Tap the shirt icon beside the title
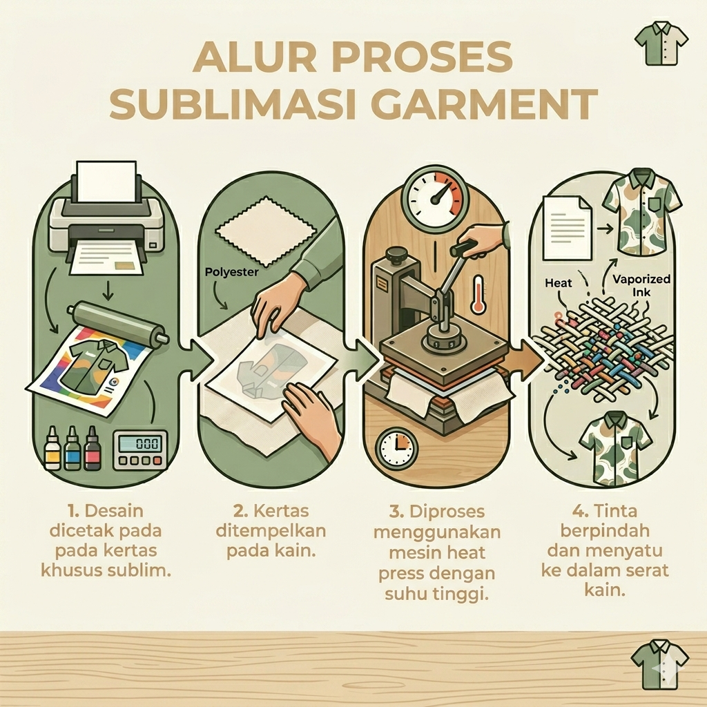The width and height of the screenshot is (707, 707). [661, 43]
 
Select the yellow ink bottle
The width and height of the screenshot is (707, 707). [52, 448]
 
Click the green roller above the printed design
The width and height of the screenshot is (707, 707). [117, 323]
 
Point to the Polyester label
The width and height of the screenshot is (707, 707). [231, 272]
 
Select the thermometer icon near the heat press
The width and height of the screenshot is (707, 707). [478, 294]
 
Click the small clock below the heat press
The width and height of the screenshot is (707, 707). [396, 448]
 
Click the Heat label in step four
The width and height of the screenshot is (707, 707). [558, 283]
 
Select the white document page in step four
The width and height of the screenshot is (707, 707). [568, 228]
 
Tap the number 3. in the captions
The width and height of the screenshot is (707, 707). [396, 512]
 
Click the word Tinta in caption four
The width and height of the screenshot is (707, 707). [615, 511]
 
